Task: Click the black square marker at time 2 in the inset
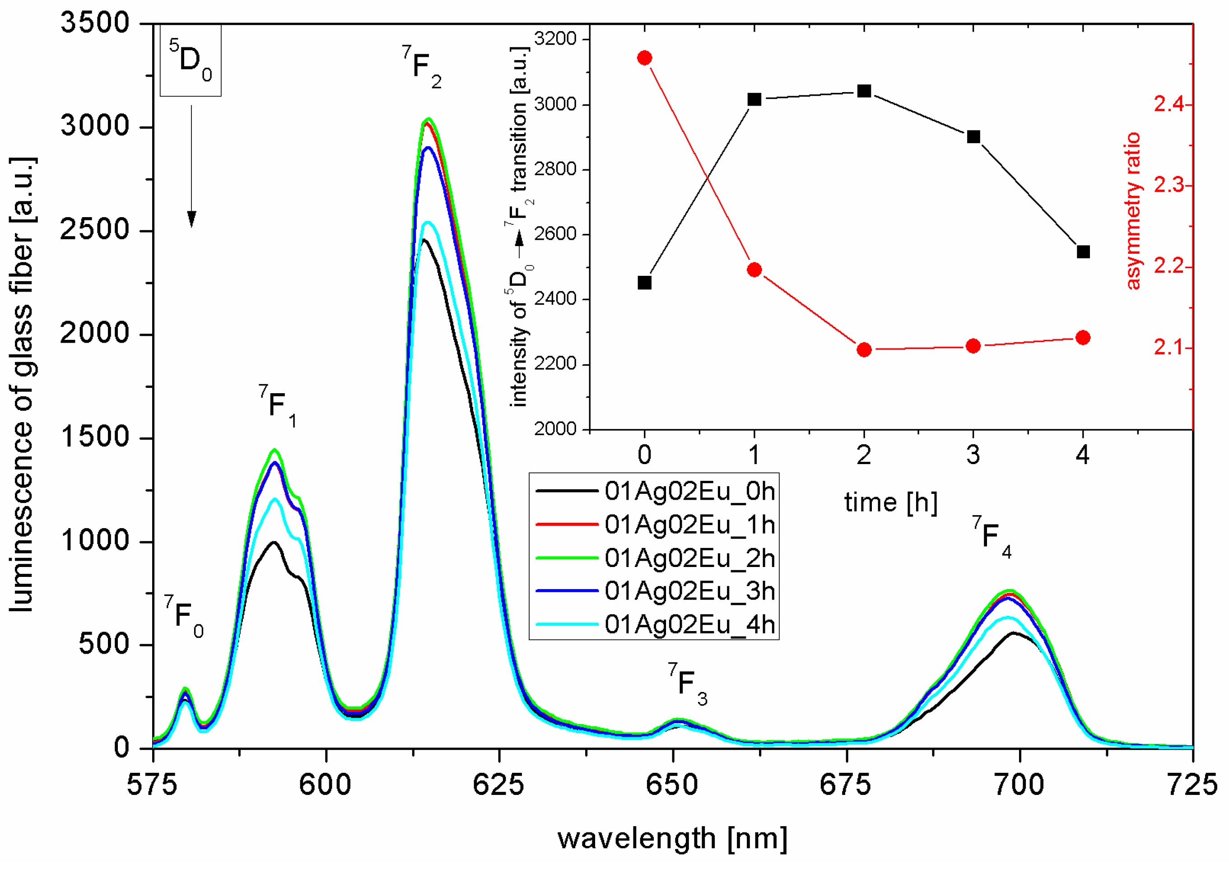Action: pyautogui.click(x=863, y=91)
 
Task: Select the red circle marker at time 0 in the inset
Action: pyautogui.click(x=644, y=58)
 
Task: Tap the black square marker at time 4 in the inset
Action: pyautogui.click(x=1083, y=251)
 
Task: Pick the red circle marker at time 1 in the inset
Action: pyautogui.click(x=754, y=270)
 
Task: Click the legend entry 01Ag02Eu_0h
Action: pyautogui.click(x=689, y=491)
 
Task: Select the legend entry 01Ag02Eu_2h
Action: pyautogui.click(x=689, y=558)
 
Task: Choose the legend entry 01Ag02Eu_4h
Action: pyautogui.click(x=689, y=624)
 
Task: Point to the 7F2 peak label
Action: pyautogui.click(x=422, y=67)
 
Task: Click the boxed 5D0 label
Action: pyautogui.click(x=191, y=60)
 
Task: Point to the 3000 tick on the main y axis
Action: pyautogui.click(x=95, y=126)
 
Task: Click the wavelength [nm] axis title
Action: pyautogui.click(x=672, y=838)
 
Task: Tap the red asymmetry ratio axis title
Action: pyautogui.click(x=1133, y=211)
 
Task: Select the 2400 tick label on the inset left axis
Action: pyautogui.click(x=555, y=298)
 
